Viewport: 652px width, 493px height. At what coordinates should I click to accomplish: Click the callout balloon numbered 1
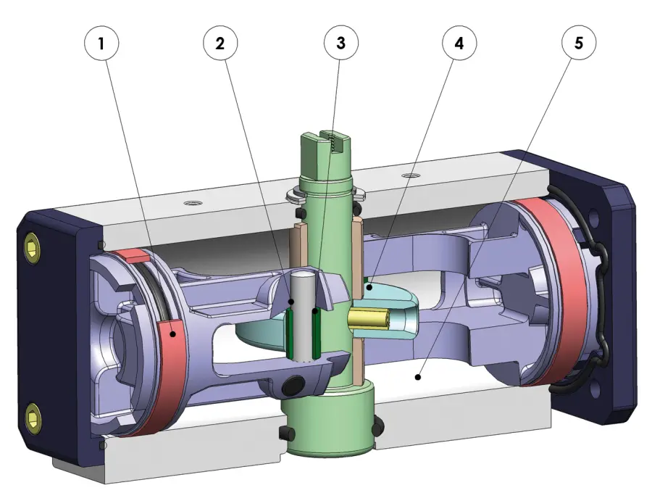coord(102,43)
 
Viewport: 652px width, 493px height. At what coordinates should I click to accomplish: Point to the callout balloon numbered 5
coord(578,43)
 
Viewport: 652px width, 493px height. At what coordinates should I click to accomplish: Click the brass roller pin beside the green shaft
coord(369,318)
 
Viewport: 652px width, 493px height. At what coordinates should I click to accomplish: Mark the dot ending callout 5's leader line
coord(417,377)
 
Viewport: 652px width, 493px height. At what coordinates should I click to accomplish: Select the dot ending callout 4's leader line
coord(368,287)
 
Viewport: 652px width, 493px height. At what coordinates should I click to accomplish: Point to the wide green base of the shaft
coord(330,420)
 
